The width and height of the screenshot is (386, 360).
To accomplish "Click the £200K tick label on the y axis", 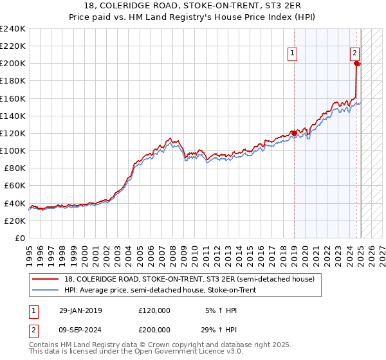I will pyautogui.click(x=12, y=64).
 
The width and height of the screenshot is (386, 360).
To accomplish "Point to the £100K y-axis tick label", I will pyautogui.click(x=12, y=150).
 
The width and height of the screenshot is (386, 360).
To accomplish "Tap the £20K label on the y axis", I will pyautogui.click(x=15, y=221).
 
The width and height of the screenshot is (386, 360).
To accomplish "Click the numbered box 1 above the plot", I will pyautogui.click(x=293, y=54).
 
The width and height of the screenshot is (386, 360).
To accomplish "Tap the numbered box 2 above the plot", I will pyautogui.click(x=354, y=54).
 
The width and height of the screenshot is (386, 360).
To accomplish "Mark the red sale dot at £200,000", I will pyautogui.click(x=357, y=63).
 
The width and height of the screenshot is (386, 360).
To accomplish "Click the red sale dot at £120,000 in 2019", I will pyautogui.click(x=295, y=133).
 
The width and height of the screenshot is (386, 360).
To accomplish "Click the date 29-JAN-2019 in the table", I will pyautogui.click(x=80, y=310).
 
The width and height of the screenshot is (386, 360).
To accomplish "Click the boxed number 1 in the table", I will pyautogui.click(x=33, y=310).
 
